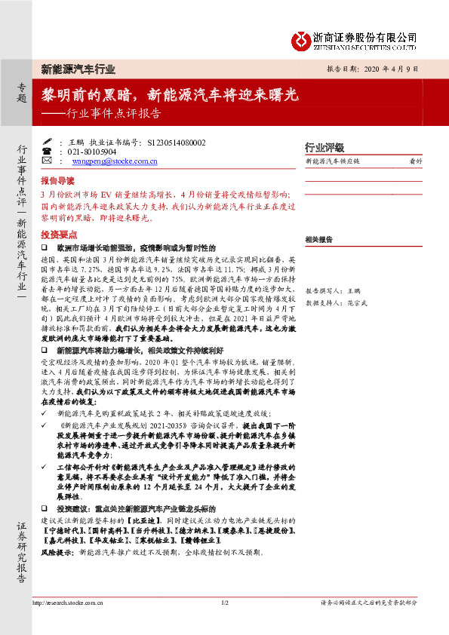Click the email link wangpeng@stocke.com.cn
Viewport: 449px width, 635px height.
click(115, 161)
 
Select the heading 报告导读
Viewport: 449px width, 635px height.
click(57, 182)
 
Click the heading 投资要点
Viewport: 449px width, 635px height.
click(57, 235)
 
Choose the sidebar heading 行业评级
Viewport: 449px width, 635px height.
click(324, 147)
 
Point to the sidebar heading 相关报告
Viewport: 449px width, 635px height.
click(319, 239)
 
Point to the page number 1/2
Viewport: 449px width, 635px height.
click(224, 603)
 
